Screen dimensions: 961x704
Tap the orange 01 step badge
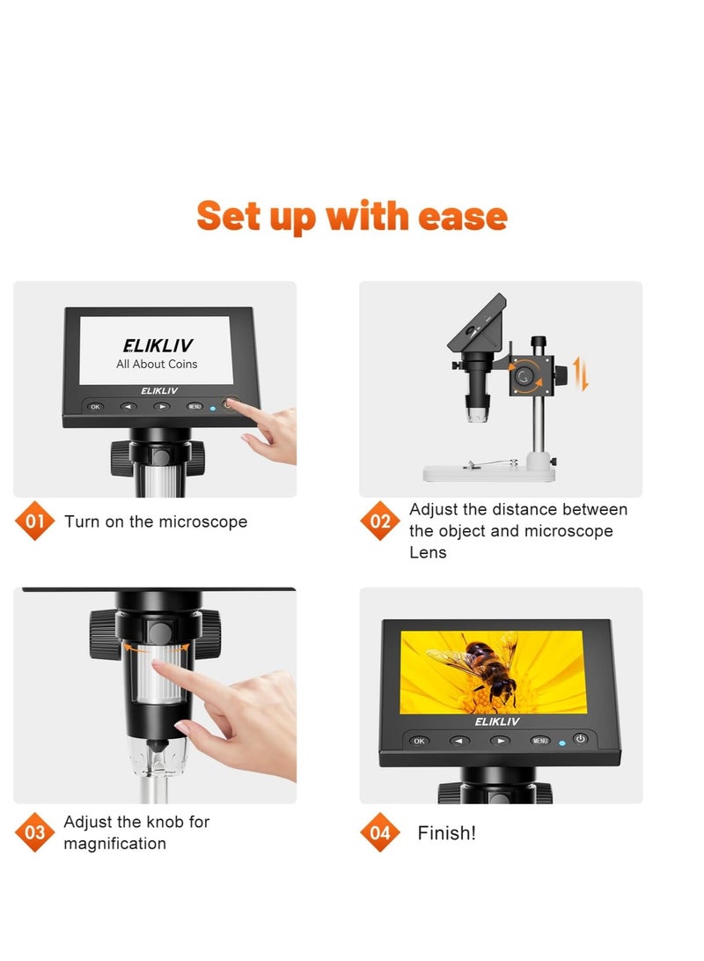[x=35, y=521]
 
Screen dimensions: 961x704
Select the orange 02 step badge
[x=380, y=521]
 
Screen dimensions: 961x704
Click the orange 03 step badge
[x=35, y=832]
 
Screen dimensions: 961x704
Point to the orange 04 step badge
[x=380, y=832]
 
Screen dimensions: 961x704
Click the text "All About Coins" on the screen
[x=157, y=364]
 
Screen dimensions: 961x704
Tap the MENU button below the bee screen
[x=540, y=740]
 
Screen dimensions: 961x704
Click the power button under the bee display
[x=580, y=738]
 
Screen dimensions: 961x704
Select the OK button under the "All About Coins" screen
[x=95, y=407]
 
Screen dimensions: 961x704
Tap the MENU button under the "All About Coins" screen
[x=195, y=407]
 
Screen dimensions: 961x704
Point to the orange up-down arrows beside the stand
[x=579, y=374]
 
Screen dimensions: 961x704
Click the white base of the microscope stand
[x=488, y=471]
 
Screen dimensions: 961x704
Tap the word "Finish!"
[x=446, y=833]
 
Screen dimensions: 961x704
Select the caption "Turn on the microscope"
[x=156, y=521]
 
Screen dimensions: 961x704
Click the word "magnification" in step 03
[x=114, y=844]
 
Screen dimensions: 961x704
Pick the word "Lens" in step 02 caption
[x=428, y=552]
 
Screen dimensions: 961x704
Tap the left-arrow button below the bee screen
[x=459, y=741]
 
